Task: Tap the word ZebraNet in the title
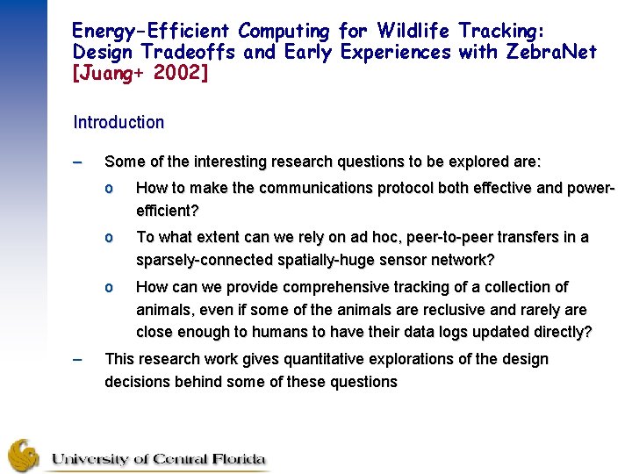[x=550, y=52]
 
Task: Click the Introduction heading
[x=118, y=123]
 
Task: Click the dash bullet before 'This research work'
[x=78, y=359]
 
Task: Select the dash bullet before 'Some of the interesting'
[x=78, y=162]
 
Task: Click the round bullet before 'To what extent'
[x=109, y=238]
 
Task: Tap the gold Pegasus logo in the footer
[x=24, y=455]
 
